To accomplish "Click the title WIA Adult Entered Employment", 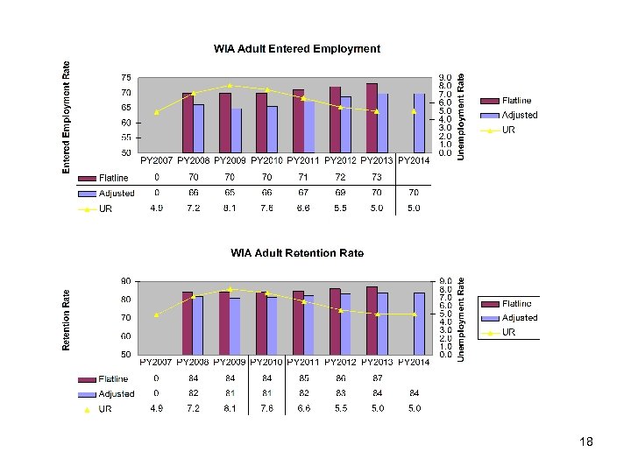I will (x=297, y=49).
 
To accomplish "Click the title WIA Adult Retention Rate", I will (x=297, y=253).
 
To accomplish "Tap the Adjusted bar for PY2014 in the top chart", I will (x=419, y=124).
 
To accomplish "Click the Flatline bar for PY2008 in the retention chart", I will (x=188, y=323).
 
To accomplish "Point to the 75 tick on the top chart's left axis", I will (x=126, y=77).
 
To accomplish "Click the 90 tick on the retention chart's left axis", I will (x=126, y=281).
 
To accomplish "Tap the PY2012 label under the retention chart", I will (x=341, y=362).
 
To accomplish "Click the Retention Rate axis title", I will (x=67, y=321).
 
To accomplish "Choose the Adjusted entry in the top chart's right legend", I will (x=520, y=116).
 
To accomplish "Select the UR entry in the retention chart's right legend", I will (x=507, y=333).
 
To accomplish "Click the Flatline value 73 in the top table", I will (x=377, y=178).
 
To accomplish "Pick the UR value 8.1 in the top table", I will (x=230, y=208).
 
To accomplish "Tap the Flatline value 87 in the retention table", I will (x=377, y=378).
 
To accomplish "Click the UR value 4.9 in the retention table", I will (x=157, y=408).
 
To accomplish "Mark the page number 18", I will (x=586, y=442).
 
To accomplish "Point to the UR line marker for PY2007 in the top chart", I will (x=157, y=112).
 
